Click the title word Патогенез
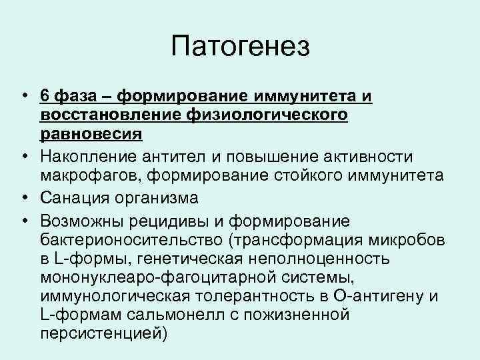tap(240, 47)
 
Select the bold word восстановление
tap(106, 115)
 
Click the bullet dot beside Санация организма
tap(22, 199)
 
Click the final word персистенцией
tap(100, 332)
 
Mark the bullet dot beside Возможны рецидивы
tap(22, 220)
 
